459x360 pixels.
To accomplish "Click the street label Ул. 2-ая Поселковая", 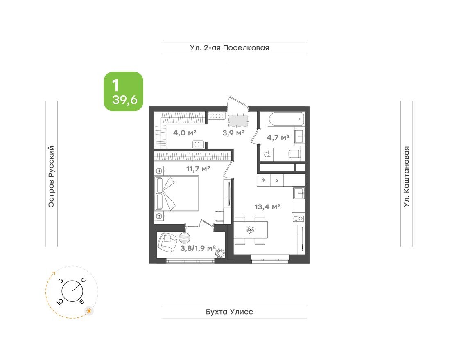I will coord(230,48).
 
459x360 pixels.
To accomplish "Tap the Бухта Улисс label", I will coord(230,312).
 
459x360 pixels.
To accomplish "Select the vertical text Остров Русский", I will coord(51,176).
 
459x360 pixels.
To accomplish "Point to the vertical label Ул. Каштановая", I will coord(406,176).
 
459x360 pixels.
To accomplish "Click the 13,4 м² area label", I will coord(267,207).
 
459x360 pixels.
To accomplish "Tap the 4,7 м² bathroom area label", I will coord(278,137).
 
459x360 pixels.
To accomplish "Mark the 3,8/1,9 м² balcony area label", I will coord(198,248).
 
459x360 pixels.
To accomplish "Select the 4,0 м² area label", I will coord(185,133).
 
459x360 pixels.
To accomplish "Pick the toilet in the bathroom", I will coord(295,154).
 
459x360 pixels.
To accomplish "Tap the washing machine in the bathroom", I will coord(267,154).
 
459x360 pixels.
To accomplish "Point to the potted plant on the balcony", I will coord(221,253).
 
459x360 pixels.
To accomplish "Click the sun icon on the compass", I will coord(89,311).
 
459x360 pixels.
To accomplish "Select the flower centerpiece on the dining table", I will coord(250,229).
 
